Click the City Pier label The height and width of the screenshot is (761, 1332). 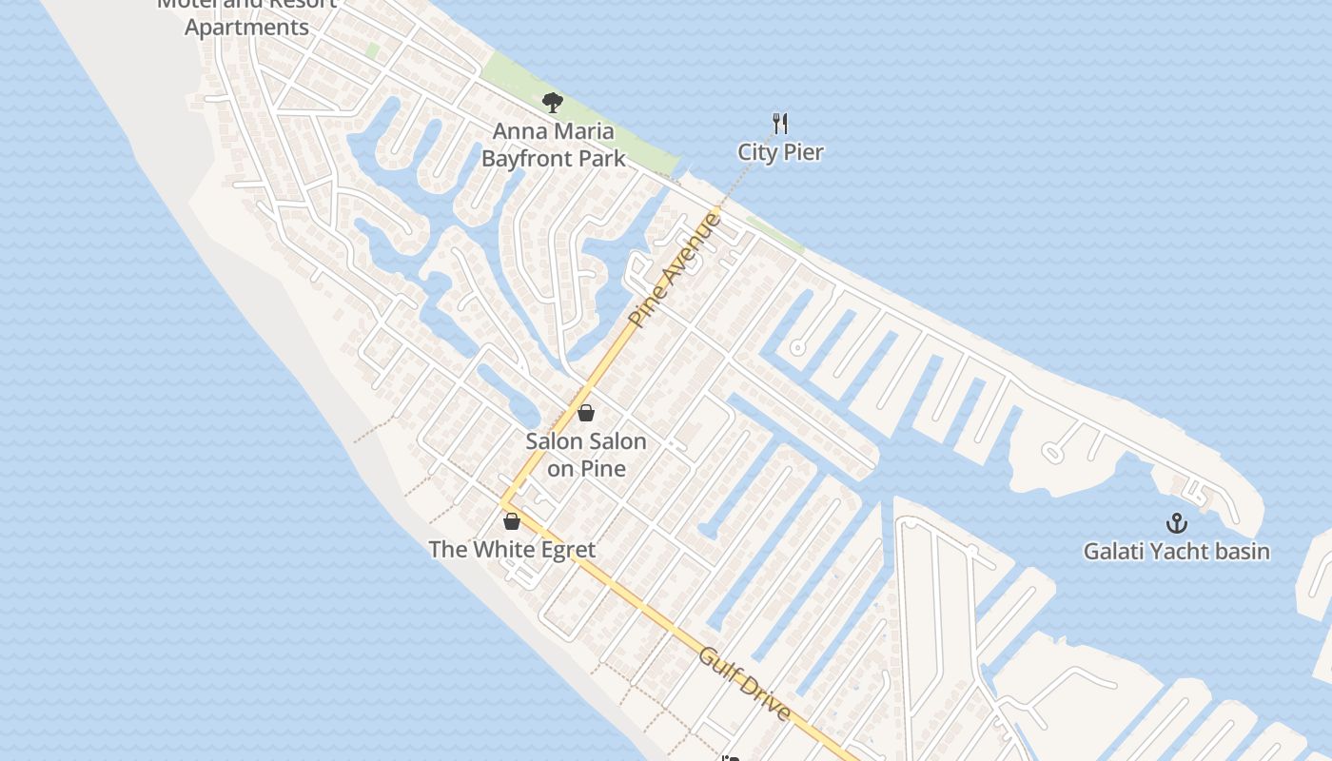[780, 152]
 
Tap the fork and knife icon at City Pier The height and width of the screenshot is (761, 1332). [780, 123]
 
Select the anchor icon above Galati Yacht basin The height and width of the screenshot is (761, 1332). [1177, 522]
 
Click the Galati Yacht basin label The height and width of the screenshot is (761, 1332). [1177, 551]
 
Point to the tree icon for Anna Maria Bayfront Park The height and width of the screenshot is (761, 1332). [552, 103]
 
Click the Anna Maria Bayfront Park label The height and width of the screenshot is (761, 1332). [553, 145]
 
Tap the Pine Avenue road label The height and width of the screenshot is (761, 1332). [676, 270]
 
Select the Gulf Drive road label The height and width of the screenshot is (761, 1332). [745, 684]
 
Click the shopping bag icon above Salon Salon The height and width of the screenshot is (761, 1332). [586, 413]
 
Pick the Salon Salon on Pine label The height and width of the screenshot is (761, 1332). [586, 455]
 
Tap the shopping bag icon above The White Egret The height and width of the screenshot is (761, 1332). [512, 521]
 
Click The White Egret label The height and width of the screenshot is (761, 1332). [512, 550]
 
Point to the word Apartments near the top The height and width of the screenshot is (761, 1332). [246, 28]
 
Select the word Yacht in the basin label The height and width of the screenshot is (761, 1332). [1177, 551]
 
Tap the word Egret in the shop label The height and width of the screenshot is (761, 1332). [565, 550]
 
